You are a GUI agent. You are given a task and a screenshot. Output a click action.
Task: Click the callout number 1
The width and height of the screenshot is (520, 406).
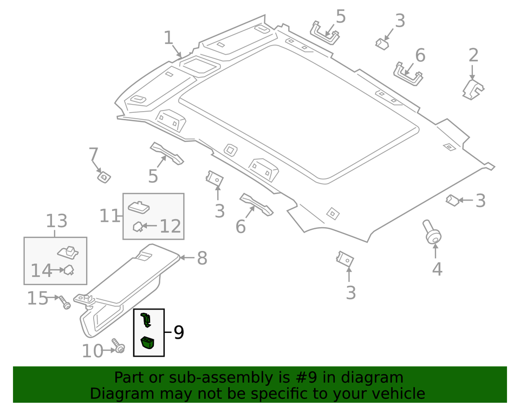tap(168, 38)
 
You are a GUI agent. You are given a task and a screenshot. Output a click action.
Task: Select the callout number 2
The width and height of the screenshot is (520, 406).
tap(473, 55)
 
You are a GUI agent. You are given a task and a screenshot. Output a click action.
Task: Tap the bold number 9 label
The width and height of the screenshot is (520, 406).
tap(178, 332)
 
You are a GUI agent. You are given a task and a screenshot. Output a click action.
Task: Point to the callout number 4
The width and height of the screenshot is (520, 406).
tap(437, 269)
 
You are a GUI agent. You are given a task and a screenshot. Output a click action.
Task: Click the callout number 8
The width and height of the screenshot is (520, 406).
tap(201, 259)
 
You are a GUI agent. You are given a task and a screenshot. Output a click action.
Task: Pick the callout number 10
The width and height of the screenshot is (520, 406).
tap(92, 351)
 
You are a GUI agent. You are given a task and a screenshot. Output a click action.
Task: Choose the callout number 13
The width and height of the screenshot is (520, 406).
tap(56, 221)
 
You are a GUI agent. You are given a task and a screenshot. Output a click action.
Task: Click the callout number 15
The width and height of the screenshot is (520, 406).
tap(37, 298)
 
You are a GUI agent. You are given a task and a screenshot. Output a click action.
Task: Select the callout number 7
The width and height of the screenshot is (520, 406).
tap(93, 155)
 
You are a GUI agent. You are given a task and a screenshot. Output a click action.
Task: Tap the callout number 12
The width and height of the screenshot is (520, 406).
tap(170, 225)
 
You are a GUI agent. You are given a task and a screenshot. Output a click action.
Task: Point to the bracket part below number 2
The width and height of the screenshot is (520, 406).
tap(473, 89)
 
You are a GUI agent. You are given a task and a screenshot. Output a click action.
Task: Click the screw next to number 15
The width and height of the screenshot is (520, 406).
tap(64, 302)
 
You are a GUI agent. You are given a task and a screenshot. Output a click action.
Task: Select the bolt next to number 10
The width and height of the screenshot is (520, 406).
tap(118, 345)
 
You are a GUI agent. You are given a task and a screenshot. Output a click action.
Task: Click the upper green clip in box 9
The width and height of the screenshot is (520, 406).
tap(145, 320)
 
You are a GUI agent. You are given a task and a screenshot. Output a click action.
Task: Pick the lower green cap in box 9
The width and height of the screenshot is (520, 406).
tap(147, 343)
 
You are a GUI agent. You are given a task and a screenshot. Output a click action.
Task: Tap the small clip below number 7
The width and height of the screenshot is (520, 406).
tap(103, 176)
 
